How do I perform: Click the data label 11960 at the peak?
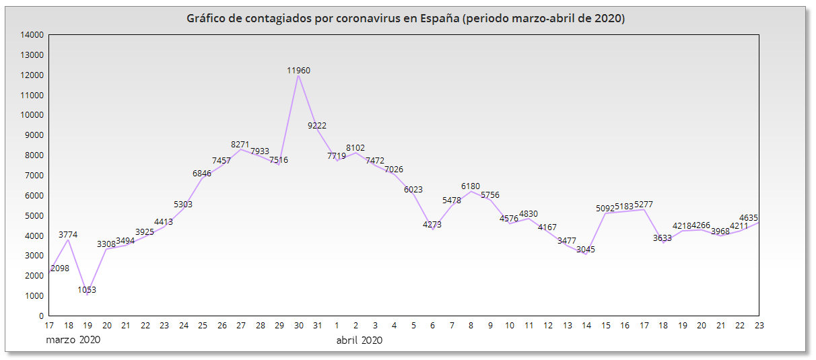298,70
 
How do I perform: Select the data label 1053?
87,290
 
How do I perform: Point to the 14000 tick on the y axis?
32,35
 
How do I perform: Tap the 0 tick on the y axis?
41,316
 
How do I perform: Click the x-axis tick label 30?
298,326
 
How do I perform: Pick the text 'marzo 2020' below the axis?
73,340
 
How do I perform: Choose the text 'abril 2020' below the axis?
360,340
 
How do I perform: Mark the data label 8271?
240,145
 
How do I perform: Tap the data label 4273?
432,225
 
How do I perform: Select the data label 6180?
471,186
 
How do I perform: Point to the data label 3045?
586,250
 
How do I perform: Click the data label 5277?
644,205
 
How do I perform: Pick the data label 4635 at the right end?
749,217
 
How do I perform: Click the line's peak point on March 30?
298,75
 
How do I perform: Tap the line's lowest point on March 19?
88,295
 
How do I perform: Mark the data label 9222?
317,125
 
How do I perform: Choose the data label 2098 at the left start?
60,268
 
